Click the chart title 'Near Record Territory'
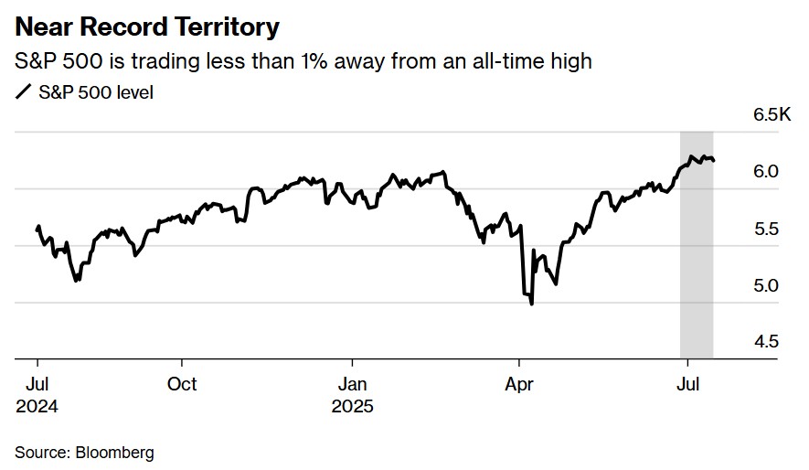[147, 27]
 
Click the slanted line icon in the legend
[23, 92]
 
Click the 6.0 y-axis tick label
[765, 171]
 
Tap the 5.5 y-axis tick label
[765, 229]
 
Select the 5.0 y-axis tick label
[765, 285]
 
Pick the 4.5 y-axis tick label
[765, 342]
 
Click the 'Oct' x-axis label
[182, 384]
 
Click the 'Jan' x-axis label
[353, 384]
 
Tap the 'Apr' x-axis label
[519, 384]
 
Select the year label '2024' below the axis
[37, 407]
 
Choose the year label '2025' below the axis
[353, 407]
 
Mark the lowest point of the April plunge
[532, 304]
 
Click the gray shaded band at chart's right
[697, 274]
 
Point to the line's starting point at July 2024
[37, 228]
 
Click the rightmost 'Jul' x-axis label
[687, 384]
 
